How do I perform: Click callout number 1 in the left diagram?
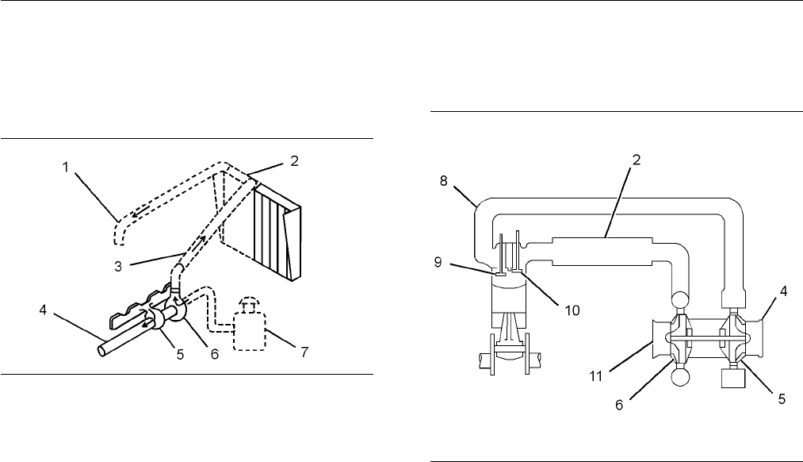coord(66,167)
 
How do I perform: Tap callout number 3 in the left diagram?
coord(118,267)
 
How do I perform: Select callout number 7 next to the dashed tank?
coord(304,352)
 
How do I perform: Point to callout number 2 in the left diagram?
coord(294,160)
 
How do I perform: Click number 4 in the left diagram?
coord(43,310)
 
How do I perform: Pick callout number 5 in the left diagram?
coord(180,354)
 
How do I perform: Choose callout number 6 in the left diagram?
coord(215,354)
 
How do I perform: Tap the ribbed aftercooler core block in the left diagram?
coord(277,233)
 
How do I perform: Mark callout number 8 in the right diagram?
coord(443,180)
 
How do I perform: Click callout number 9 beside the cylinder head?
coord(438,262)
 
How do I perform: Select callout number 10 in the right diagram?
coord(572,310)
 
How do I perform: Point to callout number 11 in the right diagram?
coord(596,375)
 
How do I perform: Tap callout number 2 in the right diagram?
coord(637,160)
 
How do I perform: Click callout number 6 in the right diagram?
coord(619,405)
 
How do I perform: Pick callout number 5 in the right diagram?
coord(782,398)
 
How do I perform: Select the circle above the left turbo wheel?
coord(680,301)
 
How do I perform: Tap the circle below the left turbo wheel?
coord(680,378)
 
